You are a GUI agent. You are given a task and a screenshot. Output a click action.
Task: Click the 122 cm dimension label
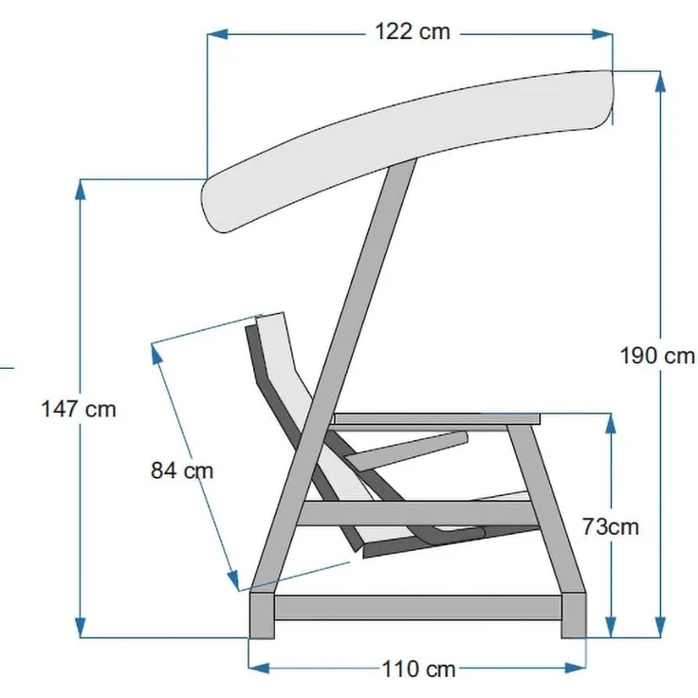pyautogui.click(x=413, y=31)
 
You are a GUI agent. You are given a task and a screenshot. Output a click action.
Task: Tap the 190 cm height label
pyautogui.click(x=657, y=357)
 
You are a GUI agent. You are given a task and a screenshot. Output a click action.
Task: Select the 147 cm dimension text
pyautogui.click(x=79, y=409)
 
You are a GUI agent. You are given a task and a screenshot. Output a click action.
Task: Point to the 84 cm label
pyautogui.click(x=182, y=470)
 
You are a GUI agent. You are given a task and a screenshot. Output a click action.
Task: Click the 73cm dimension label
pyautogui.click(x=611, y=527)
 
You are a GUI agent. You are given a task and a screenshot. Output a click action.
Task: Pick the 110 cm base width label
pyautogui.click(x=418, y=669)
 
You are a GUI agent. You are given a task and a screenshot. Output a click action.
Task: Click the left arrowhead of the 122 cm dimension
pyautogui.click(x=218, y=34)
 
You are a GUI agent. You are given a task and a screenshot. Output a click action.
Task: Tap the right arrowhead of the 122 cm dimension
pyautogui.click(x=602, y=34)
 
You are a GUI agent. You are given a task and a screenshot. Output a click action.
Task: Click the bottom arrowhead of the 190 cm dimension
pyautogui.click(x=661, y=627)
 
